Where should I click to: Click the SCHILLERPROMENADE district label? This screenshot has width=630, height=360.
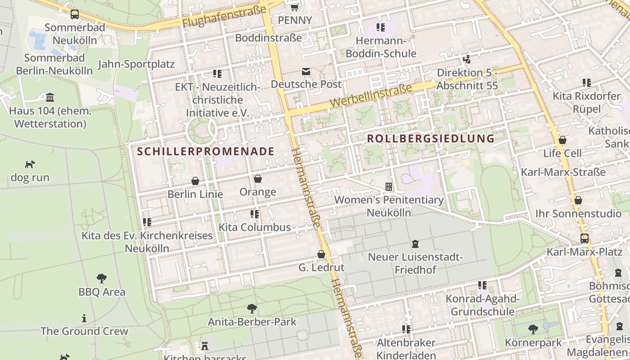[x=206, y=151]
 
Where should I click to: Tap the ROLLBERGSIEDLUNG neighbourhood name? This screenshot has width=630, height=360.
[x=431, y=139]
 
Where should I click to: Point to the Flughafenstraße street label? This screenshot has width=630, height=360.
[x=224, y=17]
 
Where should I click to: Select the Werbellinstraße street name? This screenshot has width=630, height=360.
[x=371, y=95]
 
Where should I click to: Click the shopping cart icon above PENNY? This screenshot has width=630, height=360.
[x=295, y=7]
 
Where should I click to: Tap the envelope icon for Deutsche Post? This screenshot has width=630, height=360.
[x=306, y=72]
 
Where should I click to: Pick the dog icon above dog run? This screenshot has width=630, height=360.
[x=30, y=164]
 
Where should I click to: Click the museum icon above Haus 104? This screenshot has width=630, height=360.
[x=50, y=98]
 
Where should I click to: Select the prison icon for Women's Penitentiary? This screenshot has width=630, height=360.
[x=389, y=186]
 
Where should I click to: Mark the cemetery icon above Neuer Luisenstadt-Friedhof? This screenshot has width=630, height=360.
[x=415, y=244]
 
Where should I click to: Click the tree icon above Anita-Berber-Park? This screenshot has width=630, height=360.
[x=252, y=309]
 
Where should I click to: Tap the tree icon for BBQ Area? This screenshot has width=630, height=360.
[x=102, y=279]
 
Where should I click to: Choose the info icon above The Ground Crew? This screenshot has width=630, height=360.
[x=84, y=319]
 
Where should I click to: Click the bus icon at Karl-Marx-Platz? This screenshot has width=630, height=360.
[x=584, y=238]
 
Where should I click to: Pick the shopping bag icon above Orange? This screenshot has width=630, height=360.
[x=257, y=179]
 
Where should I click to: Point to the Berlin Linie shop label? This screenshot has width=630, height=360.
[x=195, y=194]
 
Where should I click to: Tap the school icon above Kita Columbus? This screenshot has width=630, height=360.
[x=255, y=214]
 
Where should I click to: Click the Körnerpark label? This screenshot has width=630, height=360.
[x=533, y=343]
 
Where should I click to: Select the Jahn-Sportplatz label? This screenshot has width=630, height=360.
[x=136, y=64]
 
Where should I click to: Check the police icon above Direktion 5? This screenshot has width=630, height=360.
[x=467, y=59]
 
